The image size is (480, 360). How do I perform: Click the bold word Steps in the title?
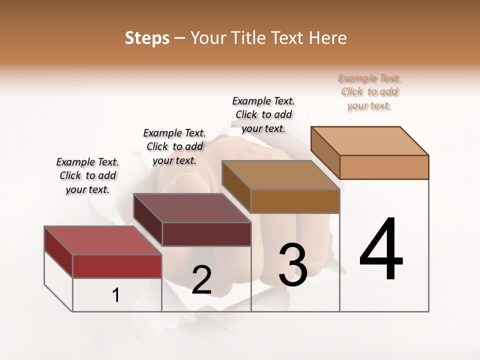146,38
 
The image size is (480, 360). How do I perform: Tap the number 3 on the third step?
292,264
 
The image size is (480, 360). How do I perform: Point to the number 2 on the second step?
201,280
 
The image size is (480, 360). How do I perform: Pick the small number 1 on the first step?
115,295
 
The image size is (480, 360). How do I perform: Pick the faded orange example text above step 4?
369,92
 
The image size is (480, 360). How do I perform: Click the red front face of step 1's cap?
117,266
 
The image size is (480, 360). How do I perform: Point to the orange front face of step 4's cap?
384,167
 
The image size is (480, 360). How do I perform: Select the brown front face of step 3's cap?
295,201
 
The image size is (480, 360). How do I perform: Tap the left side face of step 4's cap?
325,152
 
